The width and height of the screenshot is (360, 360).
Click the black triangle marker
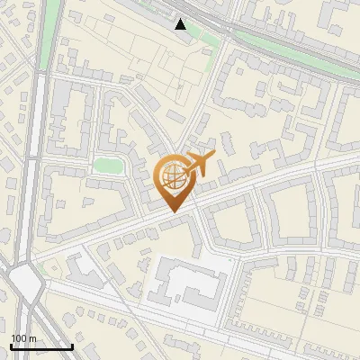(x=181, y=24)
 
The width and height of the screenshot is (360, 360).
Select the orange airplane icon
(x=199, y=165)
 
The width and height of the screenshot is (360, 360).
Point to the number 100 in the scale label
(x=18, y=337)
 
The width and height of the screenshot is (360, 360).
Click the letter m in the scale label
(x=31, y=337)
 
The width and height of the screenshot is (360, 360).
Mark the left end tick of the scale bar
(x=10, y=346)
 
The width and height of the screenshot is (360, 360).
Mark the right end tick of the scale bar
(x=72, y=346)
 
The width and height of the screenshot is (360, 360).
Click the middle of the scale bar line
(x=41, y=346)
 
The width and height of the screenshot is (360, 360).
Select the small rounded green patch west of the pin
(x=108, y=166)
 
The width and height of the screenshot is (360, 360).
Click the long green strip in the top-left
(x=51, y=31)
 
